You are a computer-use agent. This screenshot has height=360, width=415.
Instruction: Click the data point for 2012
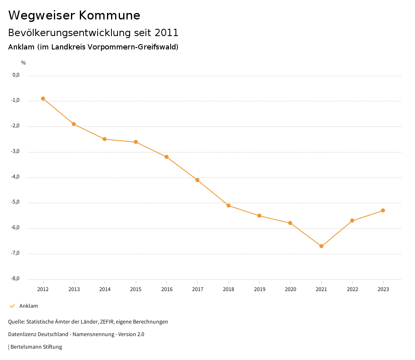tap(43, 99)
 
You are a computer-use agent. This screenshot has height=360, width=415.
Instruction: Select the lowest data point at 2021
tap(321, 246)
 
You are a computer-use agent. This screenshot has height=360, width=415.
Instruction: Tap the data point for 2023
tap(383, 210)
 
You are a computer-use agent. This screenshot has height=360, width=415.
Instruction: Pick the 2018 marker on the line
tap(229, 206)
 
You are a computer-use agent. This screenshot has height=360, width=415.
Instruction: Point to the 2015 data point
tap(136, 142)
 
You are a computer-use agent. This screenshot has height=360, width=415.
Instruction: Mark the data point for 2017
tap(197, 180)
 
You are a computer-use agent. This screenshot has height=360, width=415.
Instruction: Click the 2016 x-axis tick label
tap(167, 289)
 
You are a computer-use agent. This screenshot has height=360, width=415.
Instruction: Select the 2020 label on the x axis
tap(290, 289)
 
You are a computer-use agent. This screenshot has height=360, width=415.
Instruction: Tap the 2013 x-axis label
tap(74, 289)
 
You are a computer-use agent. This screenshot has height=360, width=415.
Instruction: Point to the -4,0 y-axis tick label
tap(16, 177)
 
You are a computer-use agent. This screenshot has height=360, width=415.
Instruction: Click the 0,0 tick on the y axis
tap(16, 75)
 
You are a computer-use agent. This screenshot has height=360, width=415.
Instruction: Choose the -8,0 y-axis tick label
tap(16, 279)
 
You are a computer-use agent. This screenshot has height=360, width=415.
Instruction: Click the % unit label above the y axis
tap(24, 63)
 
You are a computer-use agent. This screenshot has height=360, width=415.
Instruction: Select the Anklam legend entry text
tap(28, 306)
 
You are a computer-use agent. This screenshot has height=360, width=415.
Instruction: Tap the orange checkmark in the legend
tap(12, 306)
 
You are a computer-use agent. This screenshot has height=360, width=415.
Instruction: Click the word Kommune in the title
tap(109, 15)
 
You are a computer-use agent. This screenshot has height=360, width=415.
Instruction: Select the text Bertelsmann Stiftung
tap(36, 347)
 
